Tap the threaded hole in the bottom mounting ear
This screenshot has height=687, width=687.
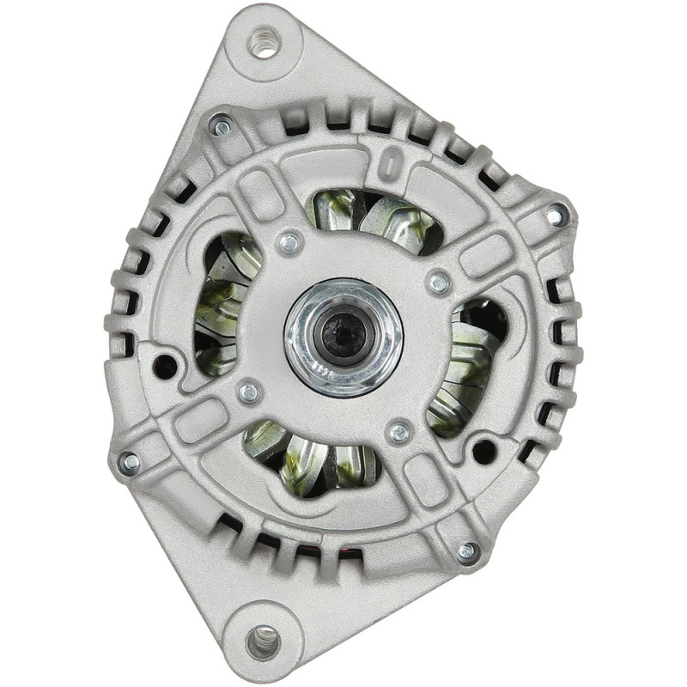click(x=263, y=640)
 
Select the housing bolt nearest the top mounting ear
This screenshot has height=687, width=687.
click(x=220, y=126)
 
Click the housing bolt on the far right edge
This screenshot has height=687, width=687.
click(x=557, y=216)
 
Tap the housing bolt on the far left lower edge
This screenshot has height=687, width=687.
click(x=130, y=462)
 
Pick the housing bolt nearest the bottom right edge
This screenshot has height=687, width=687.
click(x=467, y=552)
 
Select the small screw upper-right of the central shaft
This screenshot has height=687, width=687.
click(x=439, y=282)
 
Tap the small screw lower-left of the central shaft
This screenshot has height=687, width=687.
click(x=249, y=392)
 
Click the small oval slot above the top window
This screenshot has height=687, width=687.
click(x=388, y=163)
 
